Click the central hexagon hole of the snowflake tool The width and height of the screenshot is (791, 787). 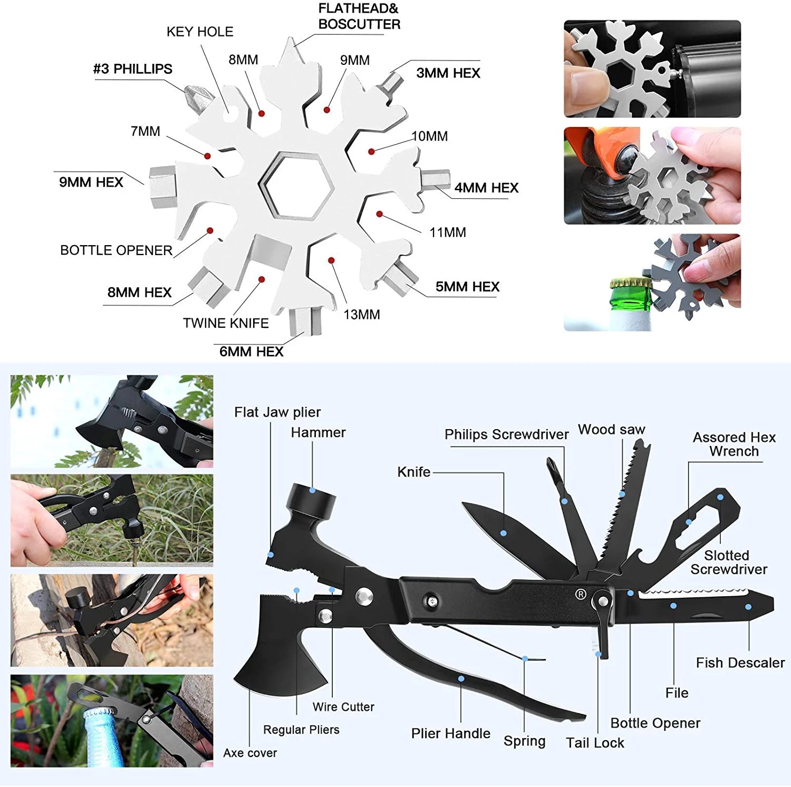(296, 186)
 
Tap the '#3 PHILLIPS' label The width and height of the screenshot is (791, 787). (133, 69)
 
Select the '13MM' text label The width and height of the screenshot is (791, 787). (362, 315)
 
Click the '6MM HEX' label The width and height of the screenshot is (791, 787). (252, 352)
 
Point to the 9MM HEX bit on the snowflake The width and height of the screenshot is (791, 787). (162, 186)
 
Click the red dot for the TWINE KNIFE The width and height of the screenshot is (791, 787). (262, 279)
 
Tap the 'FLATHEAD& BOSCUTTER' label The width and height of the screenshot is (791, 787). (359, 16)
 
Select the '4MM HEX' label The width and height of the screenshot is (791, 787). (486, 188)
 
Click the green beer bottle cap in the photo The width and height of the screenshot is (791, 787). (631, 285)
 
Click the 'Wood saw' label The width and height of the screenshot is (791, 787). (611, 430)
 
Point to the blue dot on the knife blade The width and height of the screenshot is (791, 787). (503, 533)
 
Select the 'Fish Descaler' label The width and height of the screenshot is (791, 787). (740, 663)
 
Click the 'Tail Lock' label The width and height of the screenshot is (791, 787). (595, 743)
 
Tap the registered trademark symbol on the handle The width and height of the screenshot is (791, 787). (580, 594)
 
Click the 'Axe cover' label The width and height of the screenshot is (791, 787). (250, 753)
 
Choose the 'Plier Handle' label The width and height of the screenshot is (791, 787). (450, 733)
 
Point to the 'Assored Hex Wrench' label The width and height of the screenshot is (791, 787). (734, 444)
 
